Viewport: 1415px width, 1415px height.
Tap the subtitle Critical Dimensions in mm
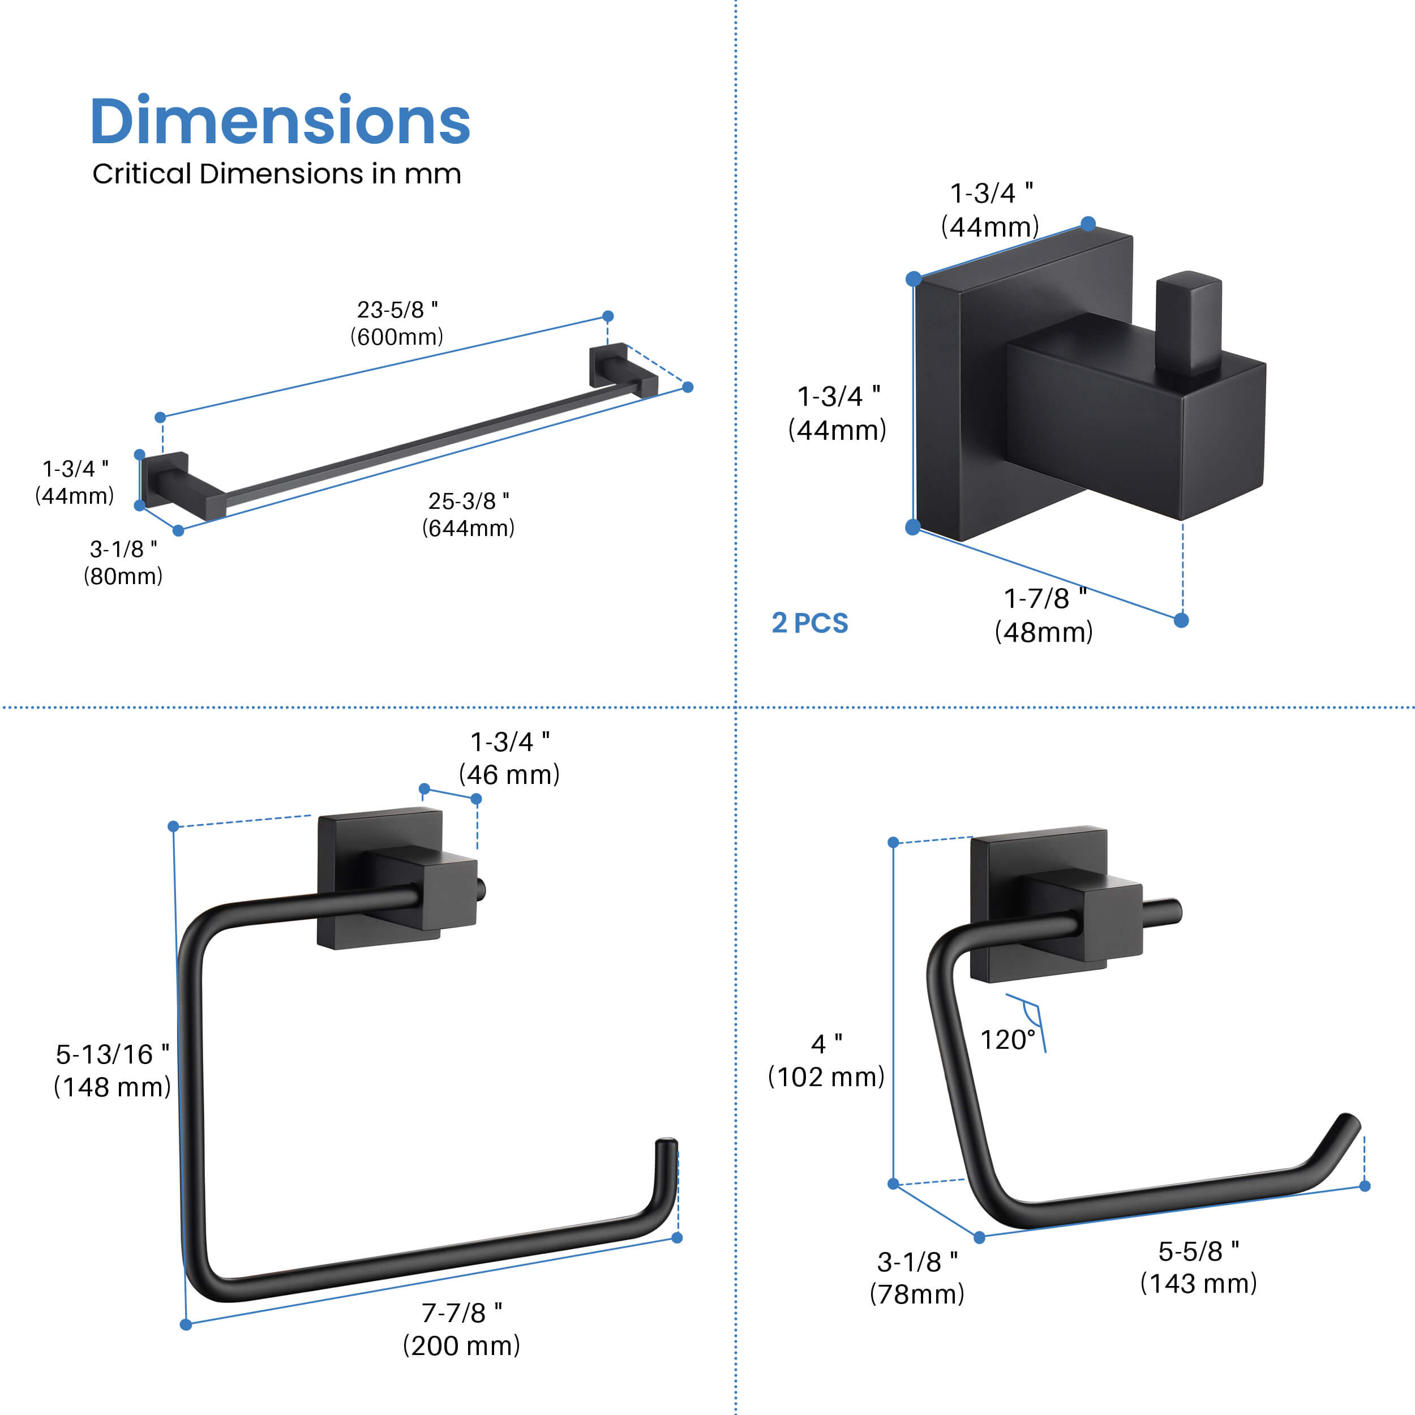click(x=277, y=174)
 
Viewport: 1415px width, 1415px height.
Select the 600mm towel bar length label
click(x=397, y=323)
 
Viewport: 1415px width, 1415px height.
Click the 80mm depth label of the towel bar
click(x=123, y=563)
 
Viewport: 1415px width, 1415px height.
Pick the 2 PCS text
click(x=810, y=623)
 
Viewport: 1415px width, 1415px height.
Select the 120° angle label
click(x=1009, y=1040)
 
